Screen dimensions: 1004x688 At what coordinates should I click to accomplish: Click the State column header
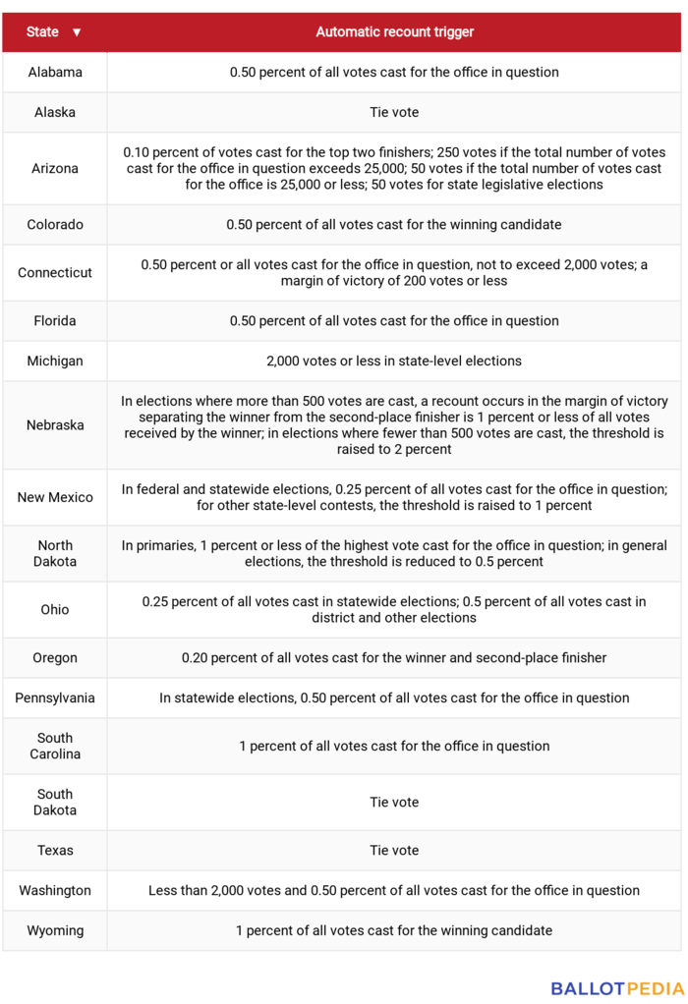[42, 32]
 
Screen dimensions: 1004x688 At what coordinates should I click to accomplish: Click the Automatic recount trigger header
[394, 32]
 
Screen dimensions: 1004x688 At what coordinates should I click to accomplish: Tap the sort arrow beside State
[77, 32]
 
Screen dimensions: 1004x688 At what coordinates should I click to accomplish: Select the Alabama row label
[55, 73]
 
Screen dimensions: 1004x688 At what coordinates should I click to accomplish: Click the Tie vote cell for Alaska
[394, 113]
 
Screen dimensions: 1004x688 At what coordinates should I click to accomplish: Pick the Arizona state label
[55, 169]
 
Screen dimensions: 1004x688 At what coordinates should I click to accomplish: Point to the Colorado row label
[55, 225]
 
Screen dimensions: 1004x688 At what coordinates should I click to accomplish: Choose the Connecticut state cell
[55, 273]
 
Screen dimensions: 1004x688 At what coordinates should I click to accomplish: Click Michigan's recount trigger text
[394, 362]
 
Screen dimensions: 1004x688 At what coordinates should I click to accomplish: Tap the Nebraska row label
[55, 425]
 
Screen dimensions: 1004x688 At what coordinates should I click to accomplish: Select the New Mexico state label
[55, 498]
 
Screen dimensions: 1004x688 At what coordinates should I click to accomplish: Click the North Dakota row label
[55, 554]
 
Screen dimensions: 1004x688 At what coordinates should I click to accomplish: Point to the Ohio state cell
[55, 610]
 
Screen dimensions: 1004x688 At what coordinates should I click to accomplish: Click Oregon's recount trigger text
[394, 658]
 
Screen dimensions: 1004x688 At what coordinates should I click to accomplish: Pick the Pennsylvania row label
[55, 698]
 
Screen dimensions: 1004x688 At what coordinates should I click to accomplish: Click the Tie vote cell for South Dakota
[394, 803]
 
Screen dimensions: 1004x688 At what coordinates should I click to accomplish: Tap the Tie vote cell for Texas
[394, 851]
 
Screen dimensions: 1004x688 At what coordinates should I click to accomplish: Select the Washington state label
[55, 891]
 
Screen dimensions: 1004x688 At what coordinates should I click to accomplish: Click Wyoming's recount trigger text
[394, 931]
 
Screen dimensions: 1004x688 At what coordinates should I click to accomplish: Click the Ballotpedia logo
[617, 988]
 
